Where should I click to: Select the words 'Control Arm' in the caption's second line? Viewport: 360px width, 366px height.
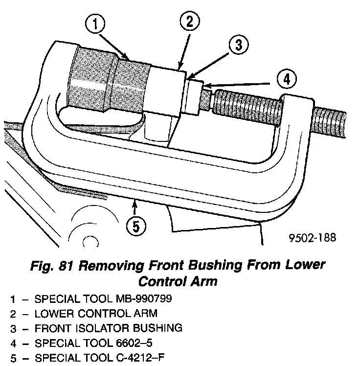pos(178,282)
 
